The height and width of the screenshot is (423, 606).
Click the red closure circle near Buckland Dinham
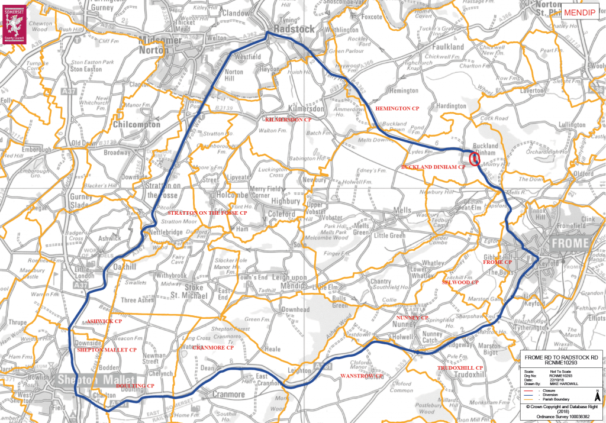(x=474, y=159)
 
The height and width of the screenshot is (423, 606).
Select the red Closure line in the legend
(x=527, y=391)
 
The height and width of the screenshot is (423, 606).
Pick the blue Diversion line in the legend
(x=527, y=396)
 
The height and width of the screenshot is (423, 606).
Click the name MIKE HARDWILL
(x=563, y=384)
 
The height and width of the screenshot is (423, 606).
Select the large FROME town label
(x=570, y=243)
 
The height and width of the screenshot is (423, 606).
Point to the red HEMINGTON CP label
(x=397, y=109)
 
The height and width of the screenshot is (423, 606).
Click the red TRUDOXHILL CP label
(x=460, y=368)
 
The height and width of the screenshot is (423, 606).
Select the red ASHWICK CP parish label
(x=105, y=320)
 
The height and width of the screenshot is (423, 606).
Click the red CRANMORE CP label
(x=215, y=347)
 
